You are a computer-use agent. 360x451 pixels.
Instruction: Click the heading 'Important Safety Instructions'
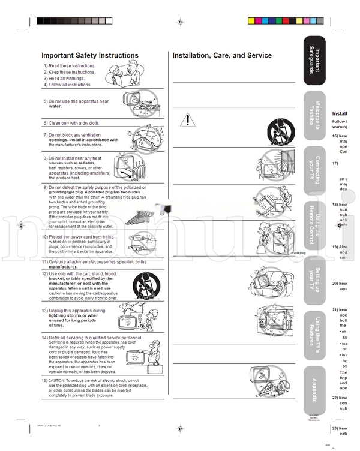[90, 55]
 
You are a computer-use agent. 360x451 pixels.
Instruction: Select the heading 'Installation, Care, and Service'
[222, 55]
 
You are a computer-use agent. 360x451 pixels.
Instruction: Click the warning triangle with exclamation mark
[188, 120]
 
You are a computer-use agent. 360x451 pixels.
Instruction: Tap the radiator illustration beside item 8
[136, 167]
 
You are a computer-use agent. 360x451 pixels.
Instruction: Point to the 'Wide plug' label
[298, 253]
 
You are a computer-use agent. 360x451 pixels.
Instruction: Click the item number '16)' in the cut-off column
[335, 136]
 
